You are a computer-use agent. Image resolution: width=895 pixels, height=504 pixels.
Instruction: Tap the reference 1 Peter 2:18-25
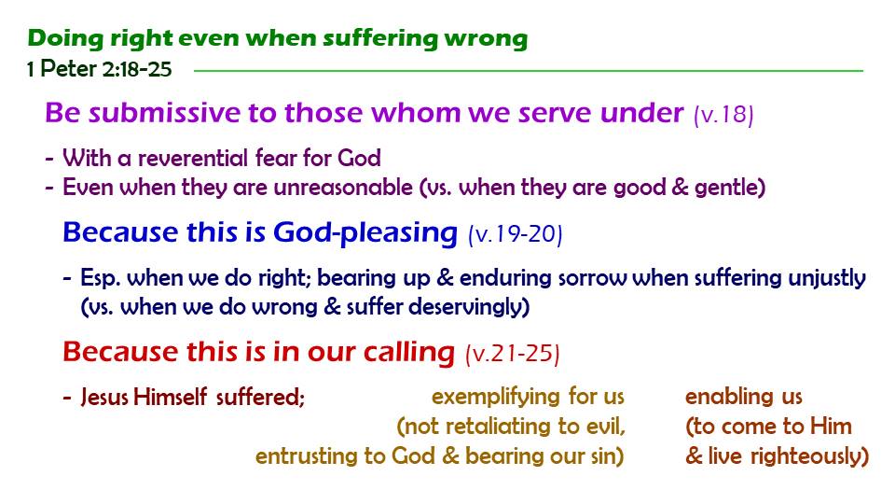(x=100, y=69)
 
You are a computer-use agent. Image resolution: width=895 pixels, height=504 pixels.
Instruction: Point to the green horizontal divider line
(x=529, y=71)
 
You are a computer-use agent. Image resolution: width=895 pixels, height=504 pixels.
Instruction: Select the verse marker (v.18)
(x=723, y=114)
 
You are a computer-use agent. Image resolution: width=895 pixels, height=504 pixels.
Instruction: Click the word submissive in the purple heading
(x=164, y=112)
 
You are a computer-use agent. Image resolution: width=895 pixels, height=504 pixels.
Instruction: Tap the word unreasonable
(x=343, y=187)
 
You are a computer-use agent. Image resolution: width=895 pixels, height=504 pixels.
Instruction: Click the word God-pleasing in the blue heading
(x=365, y=232)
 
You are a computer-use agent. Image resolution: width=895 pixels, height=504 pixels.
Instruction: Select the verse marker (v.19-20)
(x=516, y=233)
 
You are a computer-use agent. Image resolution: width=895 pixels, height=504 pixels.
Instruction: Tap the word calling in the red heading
(x=409, y=352)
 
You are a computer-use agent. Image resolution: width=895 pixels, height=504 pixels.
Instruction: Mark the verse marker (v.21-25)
(x=513, y=353)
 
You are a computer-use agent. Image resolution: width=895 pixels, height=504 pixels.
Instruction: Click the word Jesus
(x=104, y=397)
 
